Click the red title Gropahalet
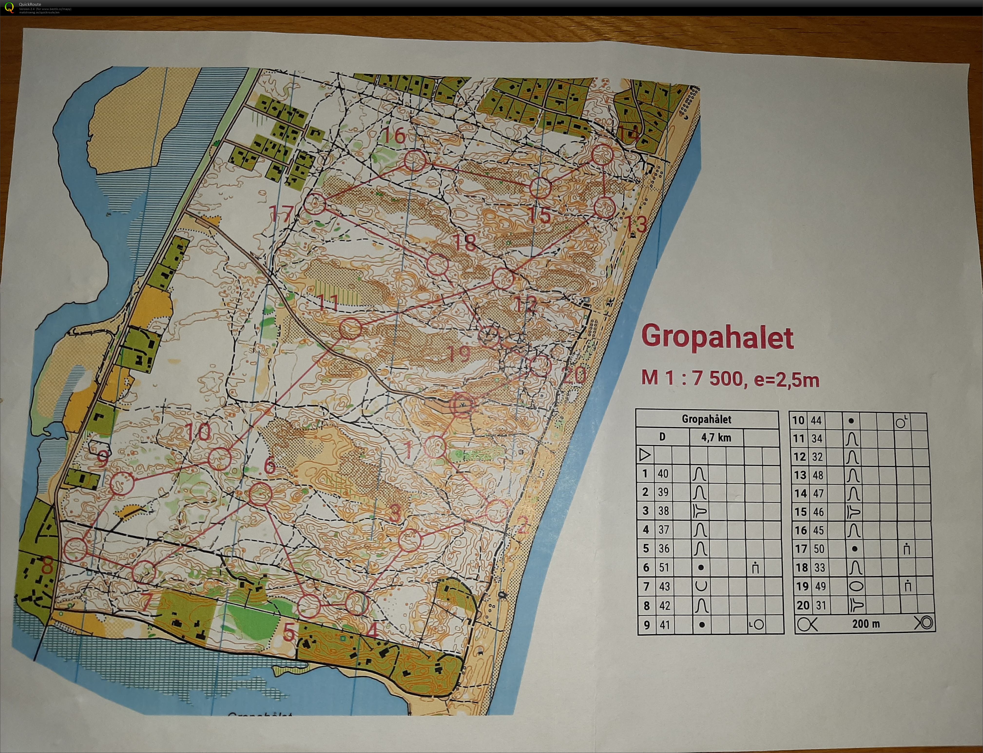coord(717,337)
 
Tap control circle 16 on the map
coord(415,161)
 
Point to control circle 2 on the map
coord(497,511)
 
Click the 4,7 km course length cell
coord(716,438)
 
